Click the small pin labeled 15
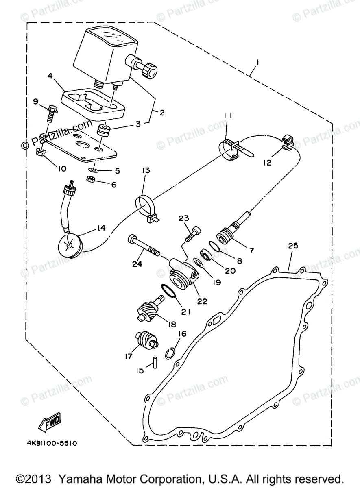[x=155, y=361]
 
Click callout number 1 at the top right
[x=257, y=63]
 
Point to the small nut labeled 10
[x=40, y=152]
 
